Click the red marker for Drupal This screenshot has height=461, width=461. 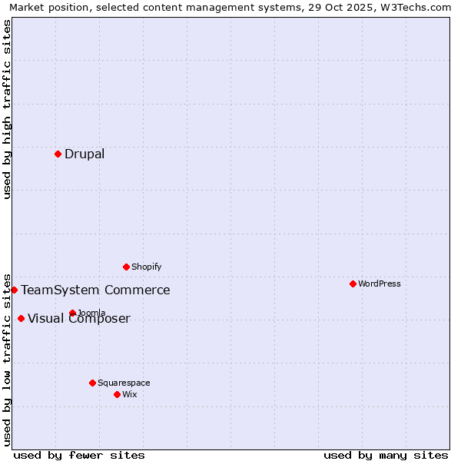click(x=58, y=154)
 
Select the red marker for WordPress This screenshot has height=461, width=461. click(x=353, y=284)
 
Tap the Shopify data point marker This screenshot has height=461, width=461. click(x=126, y=267)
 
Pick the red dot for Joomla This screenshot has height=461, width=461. click(x=72, y=313)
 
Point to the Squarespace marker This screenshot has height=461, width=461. click(x=92, y=383)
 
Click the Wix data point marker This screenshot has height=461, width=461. click(x=117, y=394)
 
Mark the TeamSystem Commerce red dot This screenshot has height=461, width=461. click(x=14, y=290)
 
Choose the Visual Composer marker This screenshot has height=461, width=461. click(x=21, y=318)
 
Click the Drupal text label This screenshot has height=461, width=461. click(x=85, y=154)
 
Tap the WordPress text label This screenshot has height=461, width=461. click(x=380, y=284)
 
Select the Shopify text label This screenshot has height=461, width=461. click(x=147, y=267)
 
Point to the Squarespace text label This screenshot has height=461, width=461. click(x=124, y=383)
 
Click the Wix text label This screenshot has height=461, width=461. click(x=130, y=394)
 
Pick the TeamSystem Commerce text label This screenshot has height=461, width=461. click(x=95, y=290)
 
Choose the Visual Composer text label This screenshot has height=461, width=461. click(x=79, y=319)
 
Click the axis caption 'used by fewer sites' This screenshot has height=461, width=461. click(x=79, y=455)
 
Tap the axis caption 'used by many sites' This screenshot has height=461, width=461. click(x=386, y=455)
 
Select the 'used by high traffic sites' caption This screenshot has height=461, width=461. click(x=7, y=109)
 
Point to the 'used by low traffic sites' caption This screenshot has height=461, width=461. click(x=7, y=359)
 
